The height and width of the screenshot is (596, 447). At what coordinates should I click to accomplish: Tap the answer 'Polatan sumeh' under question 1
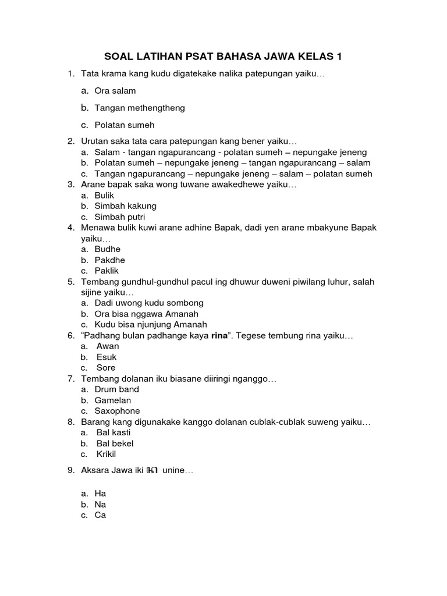[x=125, y=125]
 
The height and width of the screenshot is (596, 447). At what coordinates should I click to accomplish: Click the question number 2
[x=70, y=141]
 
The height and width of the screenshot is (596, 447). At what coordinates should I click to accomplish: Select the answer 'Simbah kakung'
[x=125, y=206]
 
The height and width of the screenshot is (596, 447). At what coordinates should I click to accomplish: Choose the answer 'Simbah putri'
[x=120, y=217]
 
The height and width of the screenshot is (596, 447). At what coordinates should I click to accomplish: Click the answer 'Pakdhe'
[x=109, y=260]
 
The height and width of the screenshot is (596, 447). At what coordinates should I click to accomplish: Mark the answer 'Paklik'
[x=108, y=271]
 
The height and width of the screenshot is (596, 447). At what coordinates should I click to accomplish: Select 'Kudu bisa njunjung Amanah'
[x=151, y=325]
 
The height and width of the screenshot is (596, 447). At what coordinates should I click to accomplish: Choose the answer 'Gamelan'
[x=113, y=400]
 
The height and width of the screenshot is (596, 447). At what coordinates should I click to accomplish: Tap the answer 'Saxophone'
[x=117, y=411]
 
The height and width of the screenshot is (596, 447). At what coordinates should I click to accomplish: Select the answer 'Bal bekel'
[x=115, y=443]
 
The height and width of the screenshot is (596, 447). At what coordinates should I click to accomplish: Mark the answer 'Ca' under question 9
[x=100, y=515]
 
